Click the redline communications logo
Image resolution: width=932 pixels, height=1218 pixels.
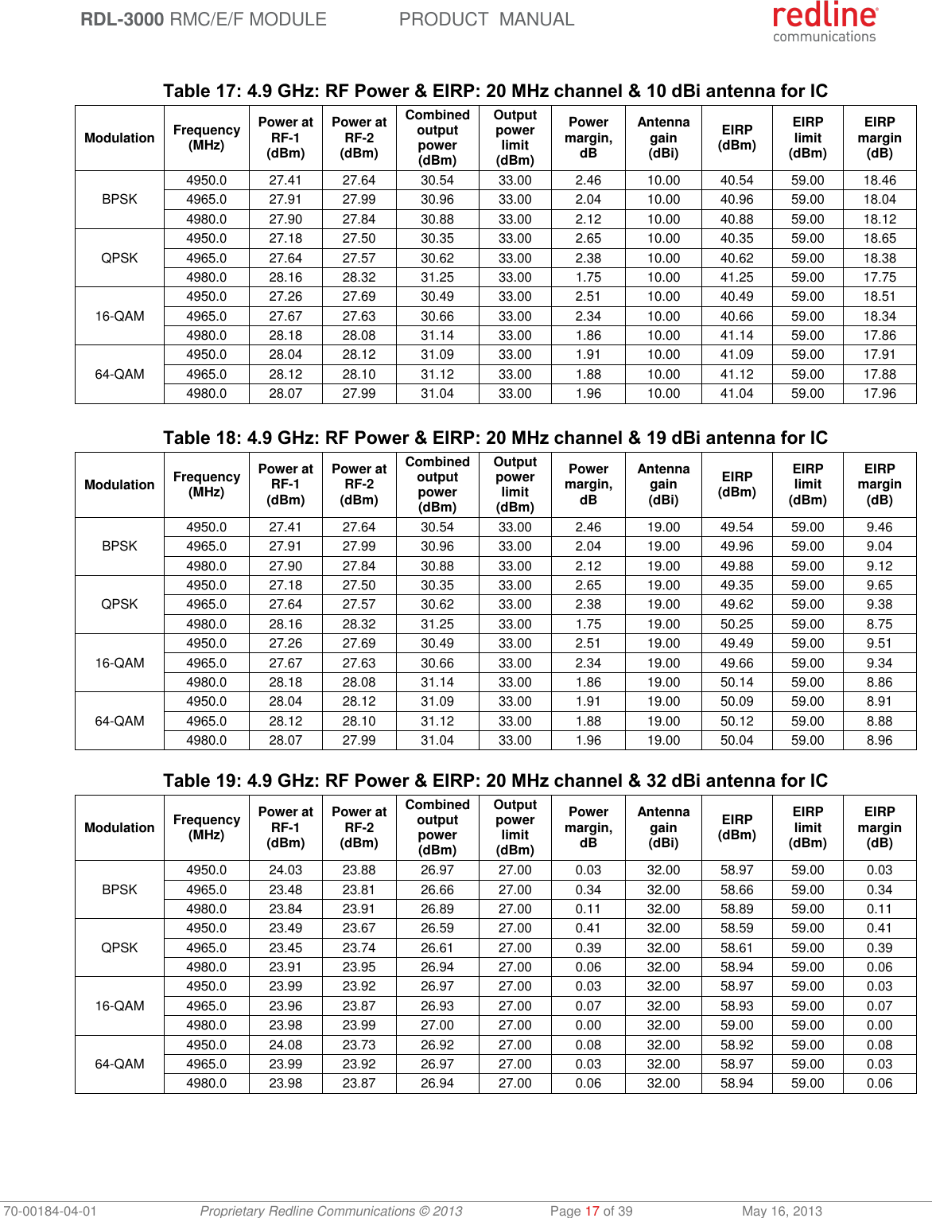[825, 22]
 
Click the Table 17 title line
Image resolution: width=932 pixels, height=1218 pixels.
[495, 91]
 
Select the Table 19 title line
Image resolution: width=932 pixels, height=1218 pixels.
[495, 780]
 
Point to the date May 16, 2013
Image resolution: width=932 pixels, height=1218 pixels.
[782, 1211]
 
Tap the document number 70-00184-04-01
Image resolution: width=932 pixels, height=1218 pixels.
[49, 1211]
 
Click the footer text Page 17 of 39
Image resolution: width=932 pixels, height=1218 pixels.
[591, 1211]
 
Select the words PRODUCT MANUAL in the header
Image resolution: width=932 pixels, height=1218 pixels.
[486, 19]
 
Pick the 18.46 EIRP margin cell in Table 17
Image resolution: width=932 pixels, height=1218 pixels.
[879, 181]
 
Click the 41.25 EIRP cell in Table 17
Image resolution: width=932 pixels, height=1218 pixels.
[736, 277]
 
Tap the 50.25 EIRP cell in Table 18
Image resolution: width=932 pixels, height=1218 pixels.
[736, 624]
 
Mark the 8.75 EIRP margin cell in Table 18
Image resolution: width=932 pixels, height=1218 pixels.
[879, 624]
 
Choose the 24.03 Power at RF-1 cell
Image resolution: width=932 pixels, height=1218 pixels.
[285, 870]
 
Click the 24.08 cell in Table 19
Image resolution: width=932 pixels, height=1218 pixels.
[285, 1045]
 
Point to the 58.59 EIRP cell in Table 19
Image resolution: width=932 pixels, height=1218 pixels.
[736, 928]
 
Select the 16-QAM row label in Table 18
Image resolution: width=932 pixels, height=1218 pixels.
[119, 663]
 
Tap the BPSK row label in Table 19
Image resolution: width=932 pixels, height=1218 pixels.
[119, 889]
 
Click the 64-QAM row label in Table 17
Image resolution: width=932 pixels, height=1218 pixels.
[119, 374]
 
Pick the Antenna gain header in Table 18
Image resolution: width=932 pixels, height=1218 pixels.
[663, 484]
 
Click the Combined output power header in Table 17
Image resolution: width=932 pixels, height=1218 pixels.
[437, 138]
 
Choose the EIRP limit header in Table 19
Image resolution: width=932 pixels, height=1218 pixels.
[807, 827]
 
